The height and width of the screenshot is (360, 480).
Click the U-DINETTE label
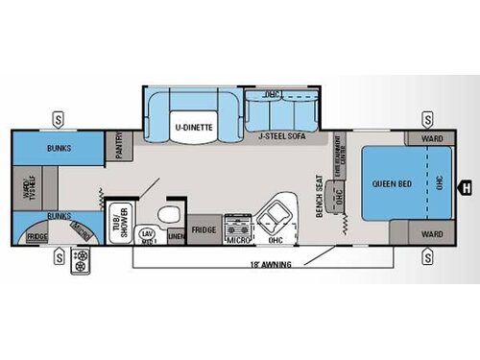pyautogui.click(x=195, y=126)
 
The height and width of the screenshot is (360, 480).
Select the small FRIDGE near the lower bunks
pyautogui.click(x=36, y=235)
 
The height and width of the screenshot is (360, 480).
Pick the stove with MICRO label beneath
pyautogui.click(x=236, y=230)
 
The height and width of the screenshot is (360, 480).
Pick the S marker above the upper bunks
pyautogui.click(x=59, y=119)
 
